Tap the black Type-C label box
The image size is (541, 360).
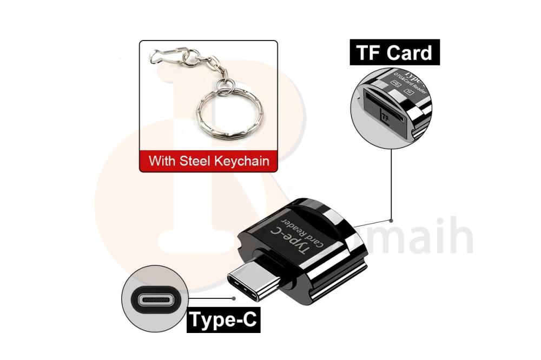pos(223,321)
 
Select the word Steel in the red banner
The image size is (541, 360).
pos(203,161)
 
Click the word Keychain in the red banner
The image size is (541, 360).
pos(245,161)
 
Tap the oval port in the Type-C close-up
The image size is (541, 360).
pos(156,299)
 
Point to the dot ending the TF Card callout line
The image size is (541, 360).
pos(391,220)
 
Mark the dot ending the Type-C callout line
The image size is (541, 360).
pos(234,297)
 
